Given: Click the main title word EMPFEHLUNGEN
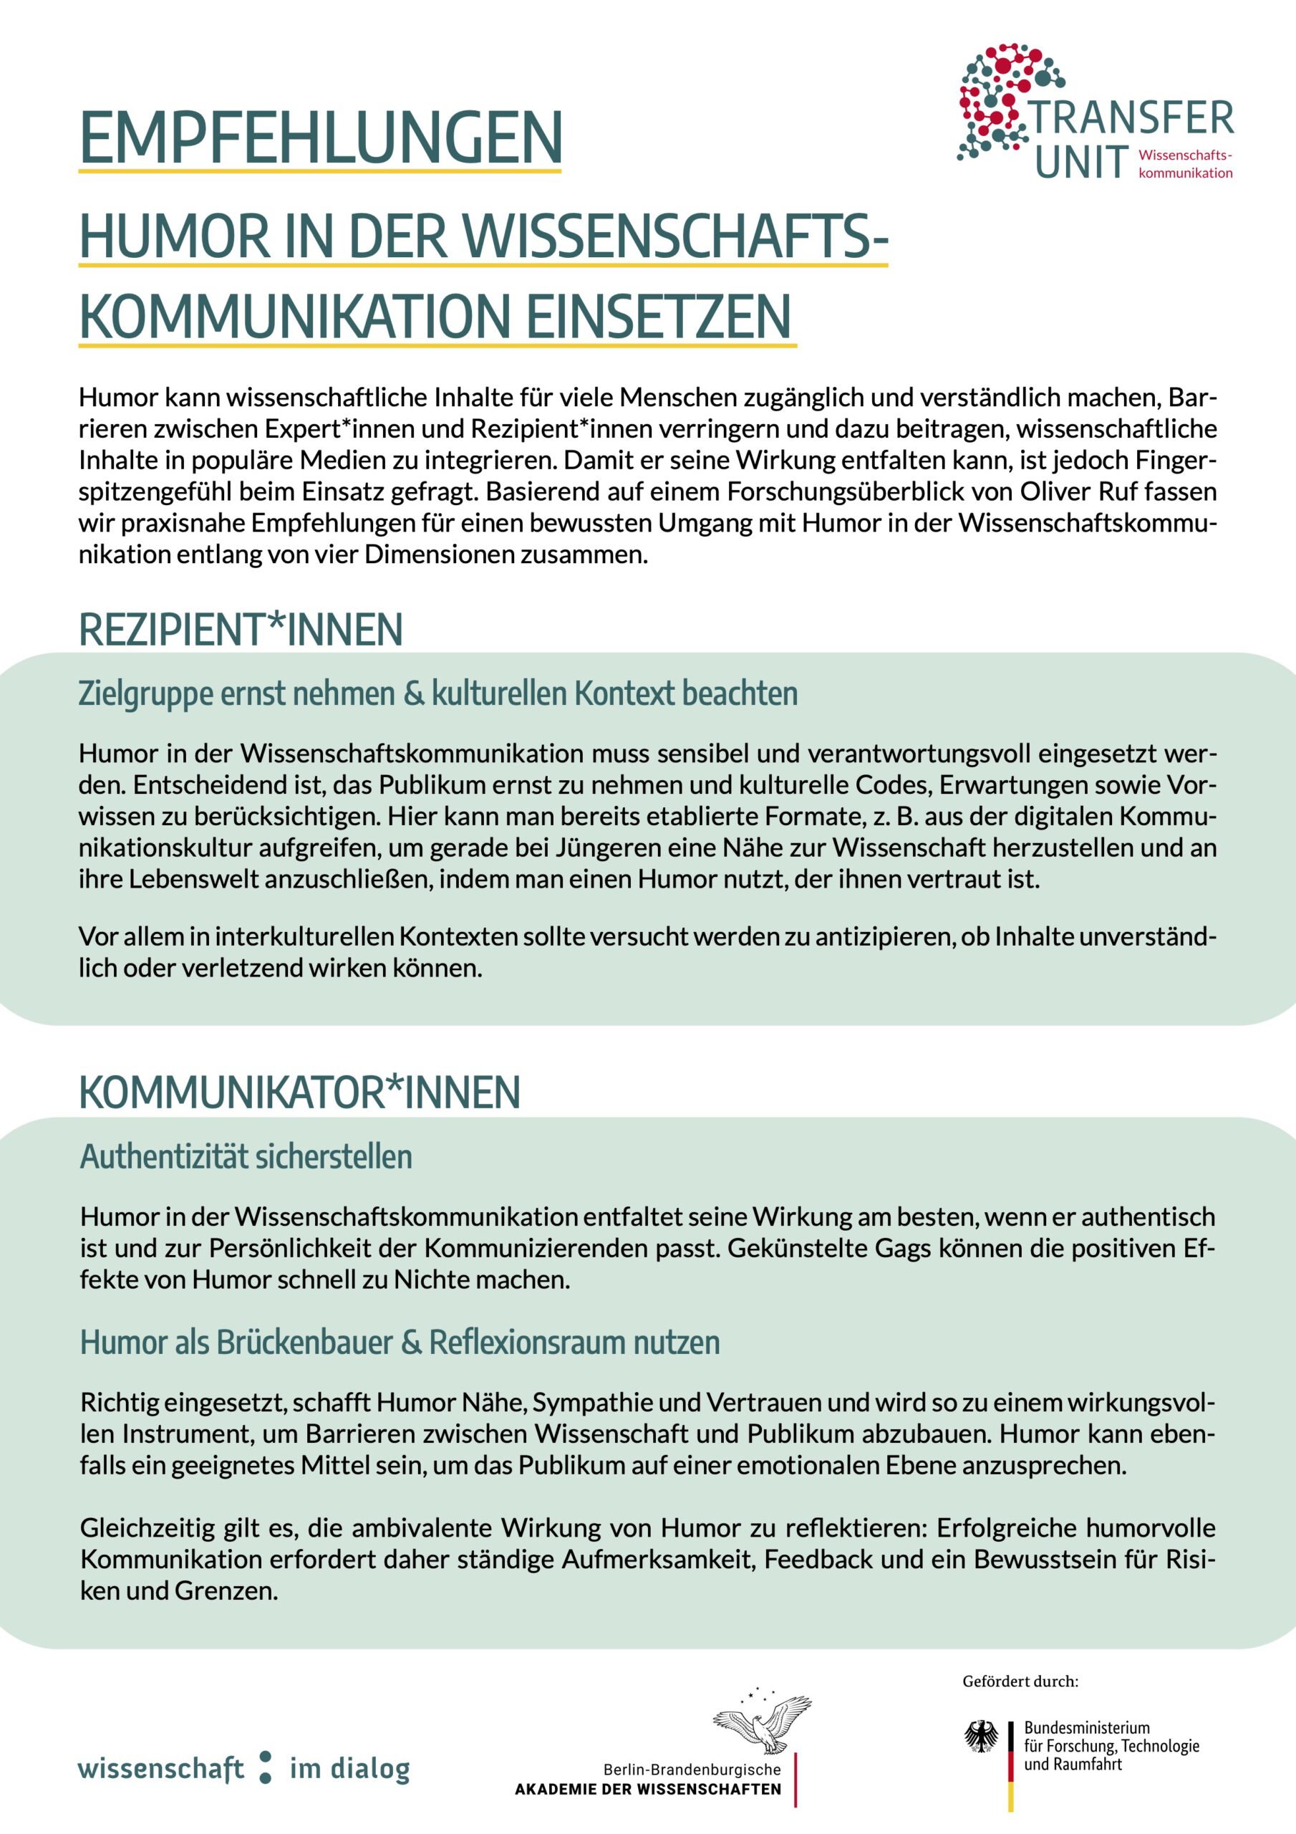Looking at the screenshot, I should (320, 138).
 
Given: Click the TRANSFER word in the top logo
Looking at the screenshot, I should (1132, 118).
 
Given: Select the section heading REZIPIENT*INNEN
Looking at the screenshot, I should (241, 630).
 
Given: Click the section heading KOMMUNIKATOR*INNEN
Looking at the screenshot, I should (299, 1092).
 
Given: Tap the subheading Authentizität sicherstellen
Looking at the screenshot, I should (246, 1156).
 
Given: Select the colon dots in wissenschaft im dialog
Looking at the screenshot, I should (266, 1767).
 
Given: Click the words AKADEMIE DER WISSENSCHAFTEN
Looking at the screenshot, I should (647, 1790).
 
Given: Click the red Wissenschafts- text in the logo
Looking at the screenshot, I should (1185, 155).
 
